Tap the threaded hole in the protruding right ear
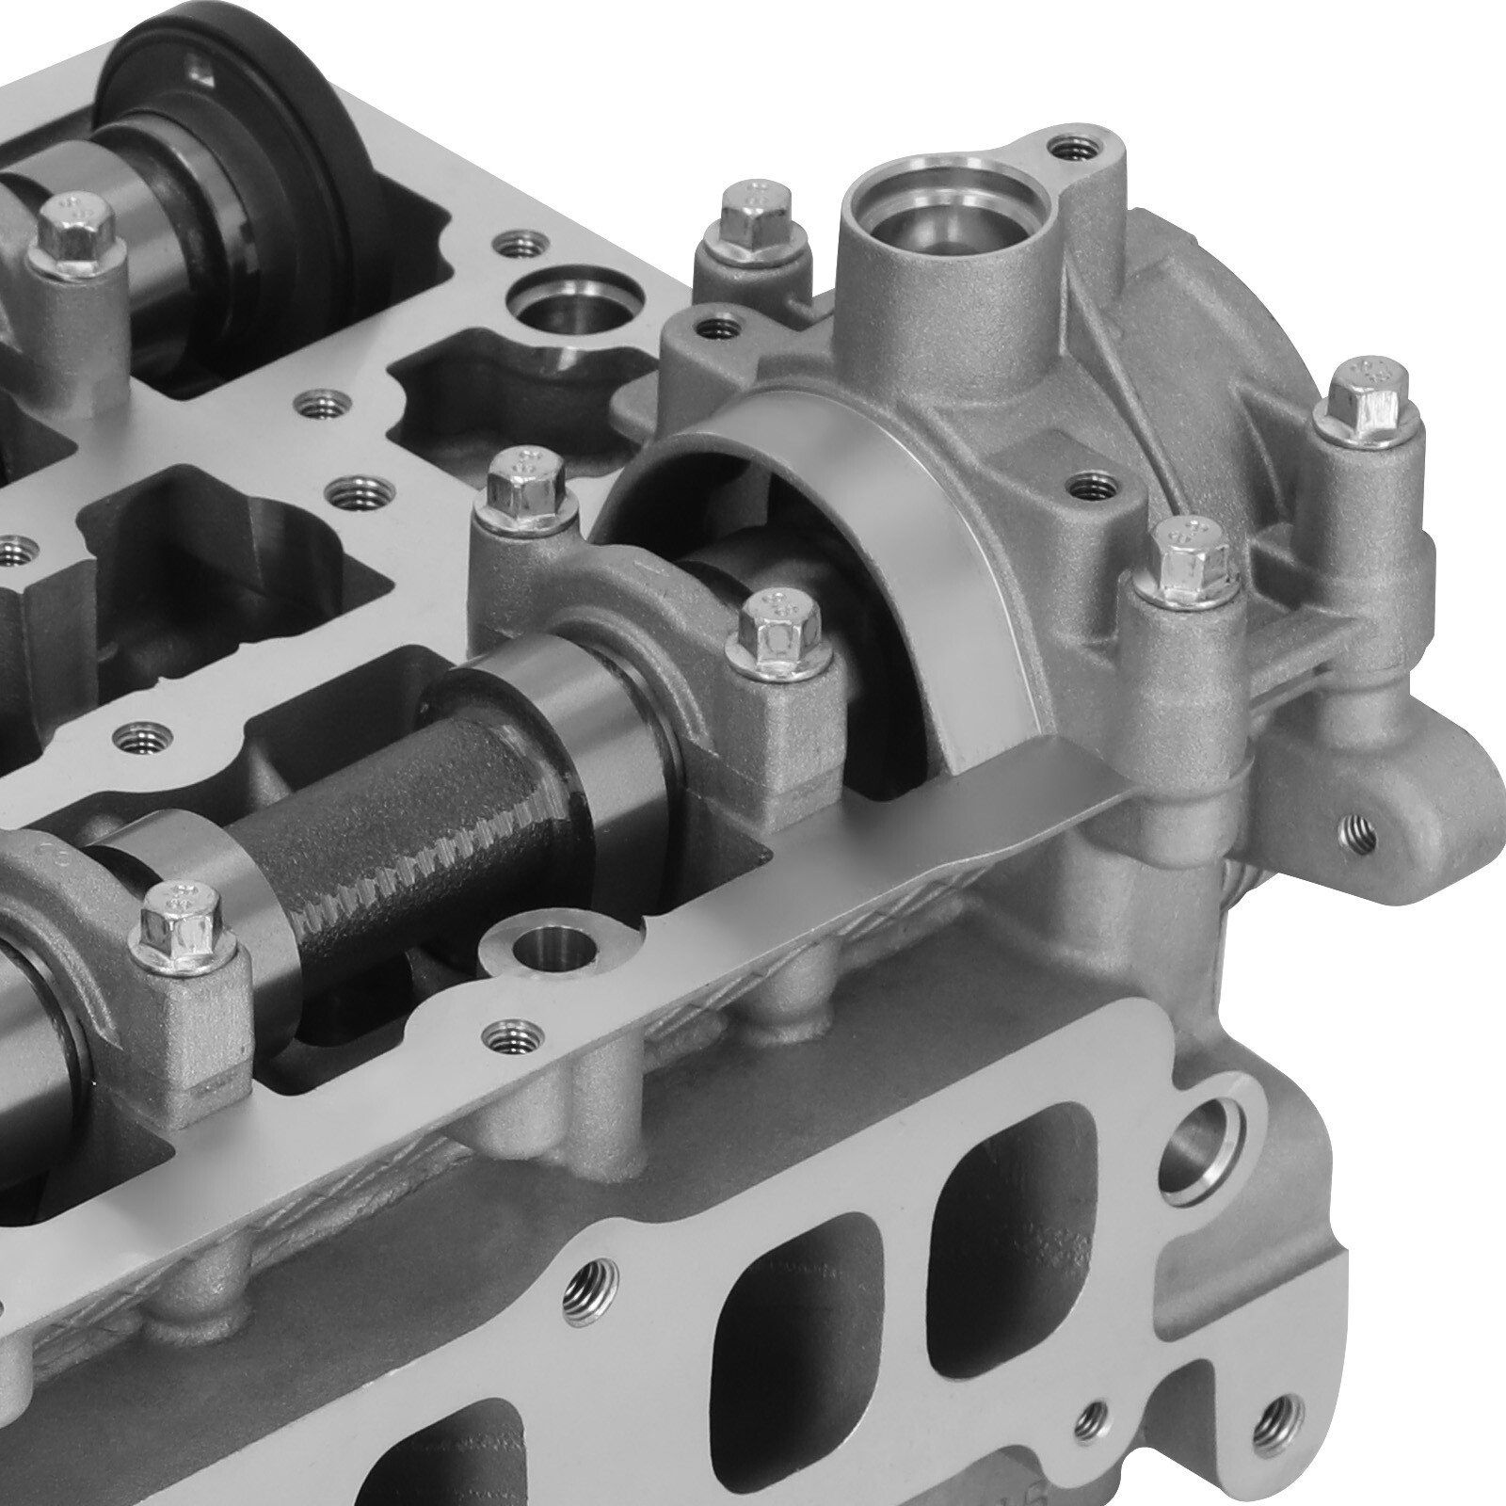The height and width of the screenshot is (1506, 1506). (1357, 830)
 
